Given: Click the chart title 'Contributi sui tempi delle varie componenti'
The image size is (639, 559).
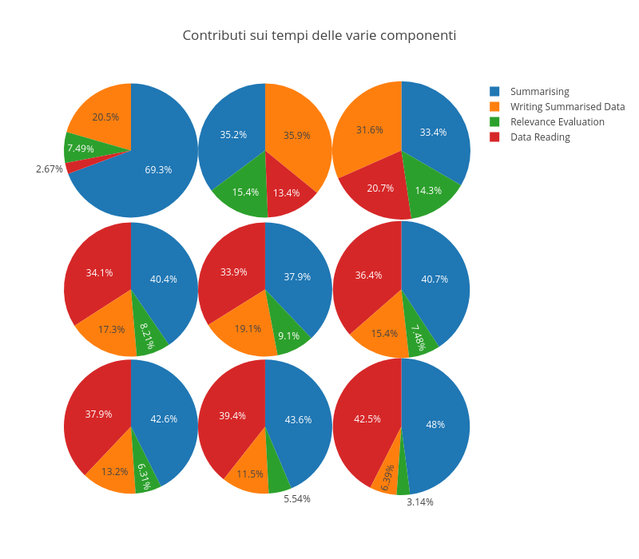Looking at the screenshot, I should (319, 35).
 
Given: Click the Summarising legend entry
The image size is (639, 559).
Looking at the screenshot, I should (539, 92).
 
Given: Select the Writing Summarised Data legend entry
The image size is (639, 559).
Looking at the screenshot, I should (567, 107).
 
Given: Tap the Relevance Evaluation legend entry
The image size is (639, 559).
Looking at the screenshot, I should (557, 122).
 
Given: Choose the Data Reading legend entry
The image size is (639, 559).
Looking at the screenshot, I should (540, 137).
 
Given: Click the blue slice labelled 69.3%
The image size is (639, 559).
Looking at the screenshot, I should (158, 169).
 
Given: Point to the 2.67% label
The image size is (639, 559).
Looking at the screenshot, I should (50, 169).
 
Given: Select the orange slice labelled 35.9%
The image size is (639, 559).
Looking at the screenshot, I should (296, 136).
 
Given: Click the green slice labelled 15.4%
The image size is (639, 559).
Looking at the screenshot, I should (245, 192).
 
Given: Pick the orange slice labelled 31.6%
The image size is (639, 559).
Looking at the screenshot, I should (369, 129).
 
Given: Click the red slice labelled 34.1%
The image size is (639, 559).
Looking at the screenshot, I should (99, 272).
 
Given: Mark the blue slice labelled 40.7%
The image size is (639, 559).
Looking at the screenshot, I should (435, 279).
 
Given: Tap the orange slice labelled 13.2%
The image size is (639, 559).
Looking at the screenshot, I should (115, 471).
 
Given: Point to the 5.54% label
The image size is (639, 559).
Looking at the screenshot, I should (297, 499).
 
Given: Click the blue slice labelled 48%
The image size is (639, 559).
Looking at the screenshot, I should (435, 425).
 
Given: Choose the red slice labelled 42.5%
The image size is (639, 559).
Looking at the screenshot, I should (367, 419).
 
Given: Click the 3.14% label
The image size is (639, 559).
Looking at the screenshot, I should (419, 502).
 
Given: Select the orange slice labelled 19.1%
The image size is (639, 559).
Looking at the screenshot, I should (248, 328).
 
